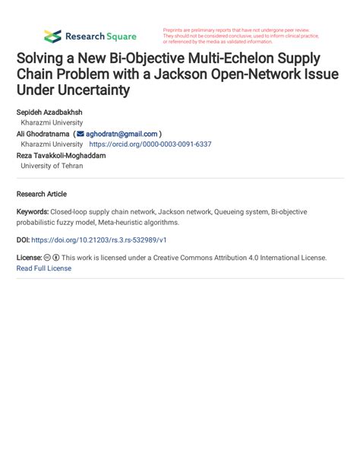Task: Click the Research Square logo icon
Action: click(x=52, y=36)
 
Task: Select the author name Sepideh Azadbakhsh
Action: click(x=49, y=113)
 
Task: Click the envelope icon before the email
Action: click(x=81, y=134)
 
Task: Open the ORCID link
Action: click(x=150, y=144)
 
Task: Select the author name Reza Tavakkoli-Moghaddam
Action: click(x=61, y=155)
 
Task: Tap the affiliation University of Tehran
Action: click(x=52, y=166)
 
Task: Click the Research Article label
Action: click(x=42, y=194)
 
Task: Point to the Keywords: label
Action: click(x=33, y=212)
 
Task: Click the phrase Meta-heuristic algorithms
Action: click(x=135, y=223)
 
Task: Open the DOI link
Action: click(x=99, y=240)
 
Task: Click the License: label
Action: click(x=29, y=258)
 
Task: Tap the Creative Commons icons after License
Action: click(x=52, y=258)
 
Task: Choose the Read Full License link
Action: click(x=44, y=268)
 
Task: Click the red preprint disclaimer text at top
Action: click(x=241, y=36)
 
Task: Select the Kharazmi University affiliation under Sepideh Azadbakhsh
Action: click(x=52, y=122)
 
